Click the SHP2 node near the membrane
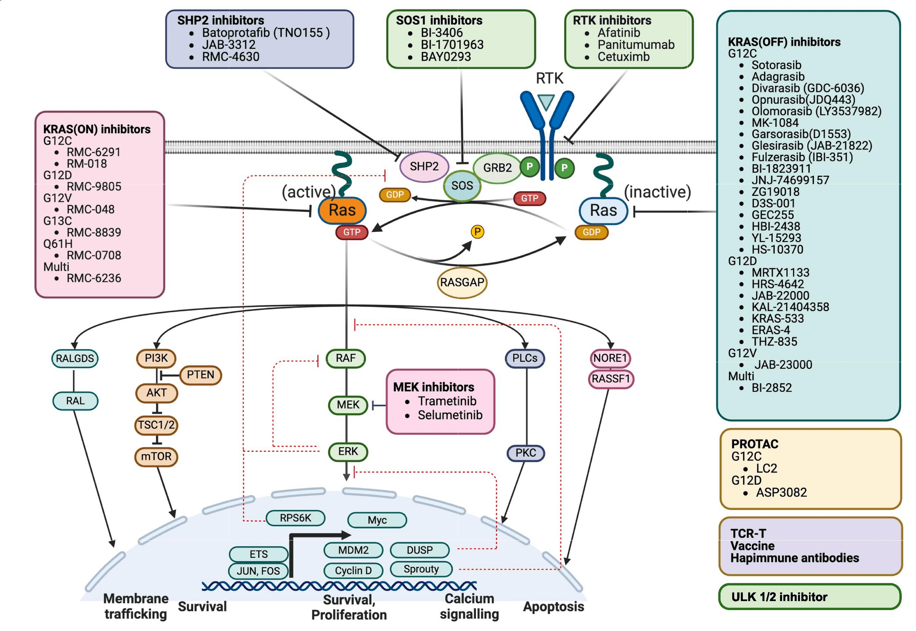click(x=424, y=166)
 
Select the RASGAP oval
click(x=462, y=282)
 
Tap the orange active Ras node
click(x=342, y=210)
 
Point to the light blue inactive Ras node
click(x=603, y=210)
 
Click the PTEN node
click(x=200, y=375)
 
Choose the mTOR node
click(x=156, y=456)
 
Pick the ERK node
click(x=348, y=452)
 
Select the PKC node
click(x=525, y=453)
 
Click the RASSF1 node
click(x=611, y=379)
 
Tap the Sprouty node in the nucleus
click(x=421, y=569)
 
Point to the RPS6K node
click(x=295, y=518)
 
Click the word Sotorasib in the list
click(x=776, y=65)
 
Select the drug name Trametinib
click(x=447, y=401)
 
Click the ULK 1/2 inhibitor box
click(x=809, y=597)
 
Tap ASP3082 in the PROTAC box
click(x=781, y=492)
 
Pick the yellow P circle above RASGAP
click(x=477, y=232)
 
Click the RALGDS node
click(x=75, y=359)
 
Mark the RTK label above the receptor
click(x=549, y=79)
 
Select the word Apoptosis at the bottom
click(x=553, y=607)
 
